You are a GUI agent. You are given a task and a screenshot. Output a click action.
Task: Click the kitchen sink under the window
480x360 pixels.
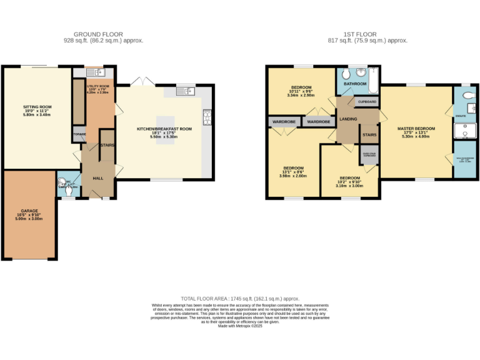click(x=186, y=92)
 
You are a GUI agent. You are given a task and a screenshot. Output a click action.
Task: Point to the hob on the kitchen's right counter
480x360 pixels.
click(x=206, y=117)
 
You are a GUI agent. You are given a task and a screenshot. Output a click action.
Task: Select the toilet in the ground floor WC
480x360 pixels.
click(x=62, y=185)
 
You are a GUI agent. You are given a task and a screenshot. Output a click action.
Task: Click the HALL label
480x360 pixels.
click(x=98, y=178)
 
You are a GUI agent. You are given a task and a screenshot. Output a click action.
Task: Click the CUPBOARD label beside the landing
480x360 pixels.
click(x=367, y=101)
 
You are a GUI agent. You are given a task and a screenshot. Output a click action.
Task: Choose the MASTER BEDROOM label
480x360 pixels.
click(x=416, y=128)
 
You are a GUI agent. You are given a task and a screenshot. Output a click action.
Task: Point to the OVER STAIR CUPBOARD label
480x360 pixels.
click(x=369, y=154)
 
